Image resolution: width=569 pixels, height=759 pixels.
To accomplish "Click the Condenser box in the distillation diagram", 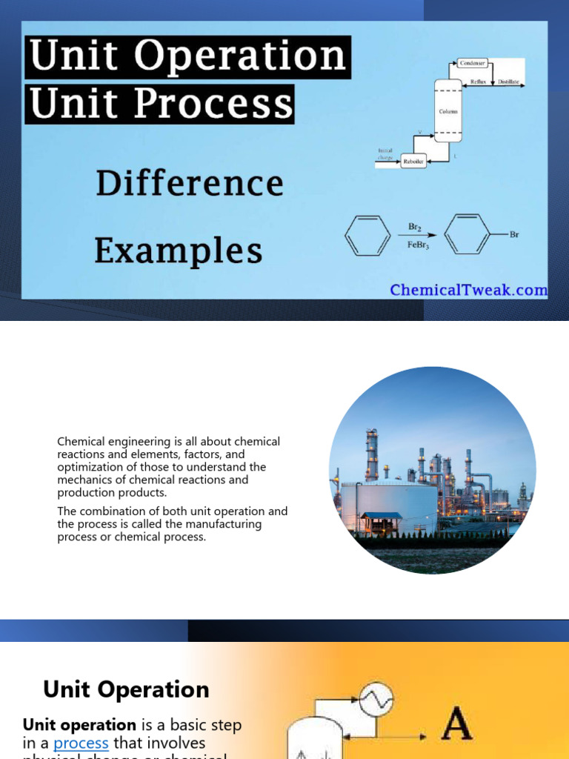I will tap(472, 64).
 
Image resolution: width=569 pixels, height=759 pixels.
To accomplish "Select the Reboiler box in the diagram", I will tap(413, 162).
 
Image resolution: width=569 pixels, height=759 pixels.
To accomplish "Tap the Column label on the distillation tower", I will tap(448, 111).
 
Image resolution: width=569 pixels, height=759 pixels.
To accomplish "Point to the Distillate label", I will tap(508, 82).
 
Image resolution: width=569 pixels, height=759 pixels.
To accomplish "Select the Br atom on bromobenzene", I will tap(514, 234).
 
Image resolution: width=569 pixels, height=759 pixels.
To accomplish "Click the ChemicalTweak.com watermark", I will tap(469, 290).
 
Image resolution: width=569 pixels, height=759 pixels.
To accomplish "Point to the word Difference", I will tap(190, 184).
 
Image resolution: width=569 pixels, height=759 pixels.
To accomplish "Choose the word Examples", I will tap(178, 251).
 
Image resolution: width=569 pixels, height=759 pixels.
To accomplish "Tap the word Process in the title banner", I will tap(216, 104).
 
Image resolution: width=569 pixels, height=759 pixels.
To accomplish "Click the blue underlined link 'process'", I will tap(81, 743).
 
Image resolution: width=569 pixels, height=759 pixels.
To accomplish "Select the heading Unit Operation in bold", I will tap(126, 690).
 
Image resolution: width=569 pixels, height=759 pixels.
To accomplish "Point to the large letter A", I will tap(456, 726).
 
